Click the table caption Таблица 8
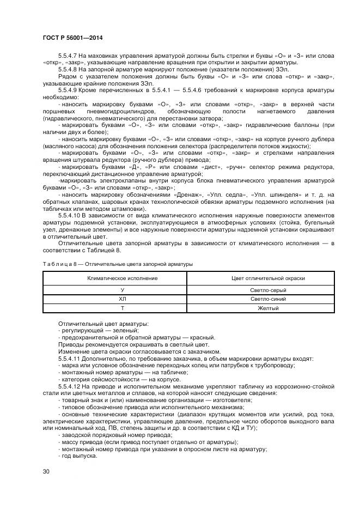coord(58,264)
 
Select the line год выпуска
coord(79,456)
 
